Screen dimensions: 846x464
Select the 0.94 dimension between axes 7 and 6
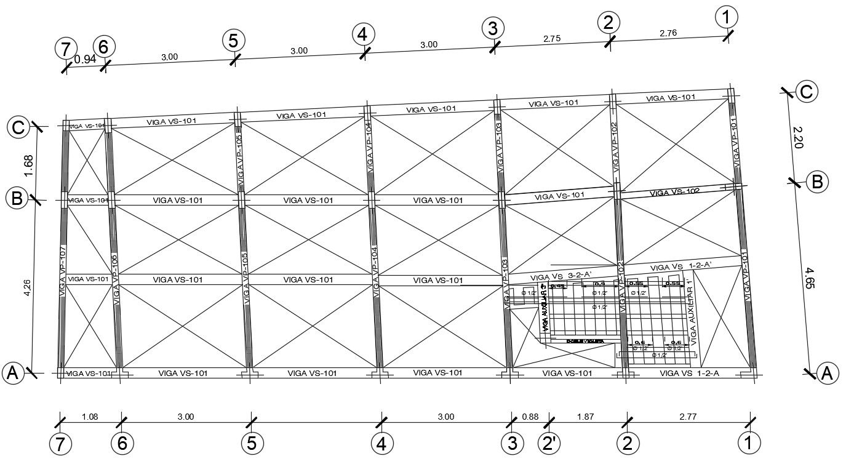tap(84, 59)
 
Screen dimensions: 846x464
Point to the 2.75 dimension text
tap(552, 38)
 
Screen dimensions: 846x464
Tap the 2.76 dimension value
tap(668, 33)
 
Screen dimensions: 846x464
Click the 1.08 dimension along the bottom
tap(90, 417)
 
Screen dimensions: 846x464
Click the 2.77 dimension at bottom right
tap(688, 417)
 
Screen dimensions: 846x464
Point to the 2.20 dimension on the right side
tap(798, 137)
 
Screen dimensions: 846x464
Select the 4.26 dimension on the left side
tap(26, 288)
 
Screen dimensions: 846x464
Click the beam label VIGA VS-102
tap(675, 193)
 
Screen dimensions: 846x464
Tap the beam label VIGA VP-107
tap(62, 271)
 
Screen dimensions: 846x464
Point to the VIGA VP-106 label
tap(115, 280)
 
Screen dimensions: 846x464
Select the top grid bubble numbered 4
tap(363, 34)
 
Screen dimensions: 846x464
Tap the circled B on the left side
tap(16, 198)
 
